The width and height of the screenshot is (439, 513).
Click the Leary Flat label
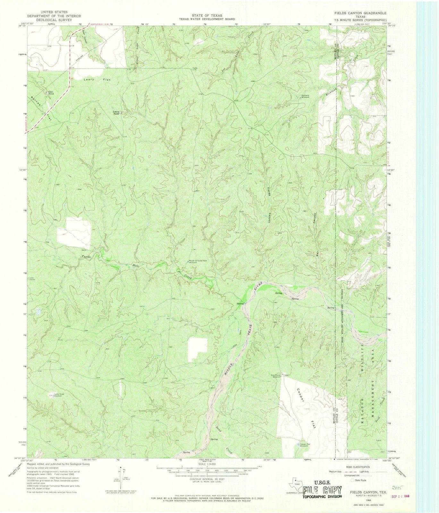[x=94, y=79]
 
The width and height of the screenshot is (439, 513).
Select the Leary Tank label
[x=116, y=113]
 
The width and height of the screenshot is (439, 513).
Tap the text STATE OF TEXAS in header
[x=207, y=15]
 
